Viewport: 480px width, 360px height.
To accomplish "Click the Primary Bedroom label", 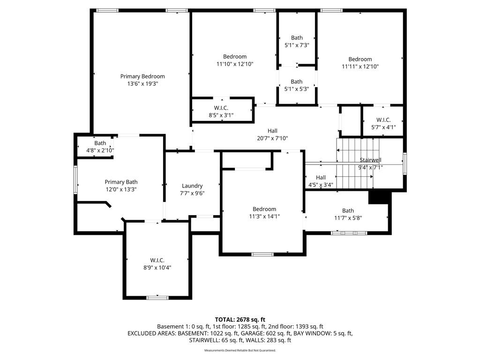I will pyautogui.click(x=142, y=76).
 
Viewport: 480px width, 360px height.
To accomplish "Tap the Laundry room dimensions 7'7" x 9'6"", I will pyautogui.click(x=192, y=193).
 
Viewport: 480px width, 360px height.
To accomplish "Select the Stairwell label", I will pyautogui.click(x=370, y=160).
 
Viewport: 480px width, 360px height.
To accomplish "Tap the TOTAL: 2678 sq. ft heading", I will pyautogui.click(x=240, y=320).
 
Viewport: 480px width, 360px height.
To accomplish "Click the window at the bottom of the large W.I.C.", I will pyautogui.click(x=157, y=297).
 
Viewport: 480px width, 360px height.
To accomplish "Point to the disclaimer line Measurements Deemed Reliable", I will pyautogui.click(x=240, y=350).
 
